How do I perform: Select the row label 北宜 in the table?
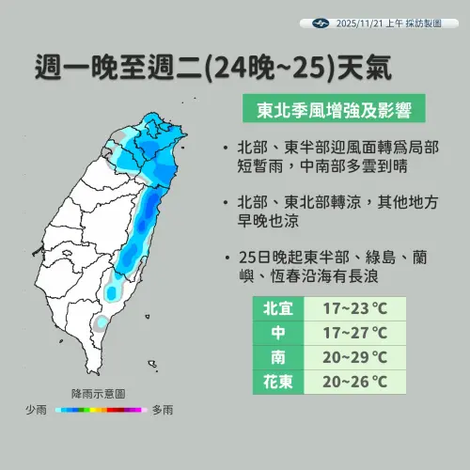278,308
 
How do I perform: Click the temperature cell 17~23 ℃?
354,308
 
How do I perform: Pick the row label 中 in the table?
278,333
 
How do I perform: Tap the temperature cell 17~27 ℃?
354,333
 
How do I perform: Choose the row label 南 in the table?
278,357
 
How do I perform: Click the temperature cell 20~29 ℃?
354,357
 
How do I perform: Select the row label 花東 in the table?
278,382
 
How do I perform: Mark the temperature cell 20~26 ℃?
354,382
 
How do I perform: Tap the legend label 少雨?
39,410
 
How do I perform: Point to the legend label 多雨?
162,410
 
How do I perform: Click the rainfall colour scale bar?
99,410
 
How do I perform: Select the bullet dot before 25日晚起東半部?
230,257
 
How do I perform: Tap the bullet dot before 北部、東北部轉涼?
230,203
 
